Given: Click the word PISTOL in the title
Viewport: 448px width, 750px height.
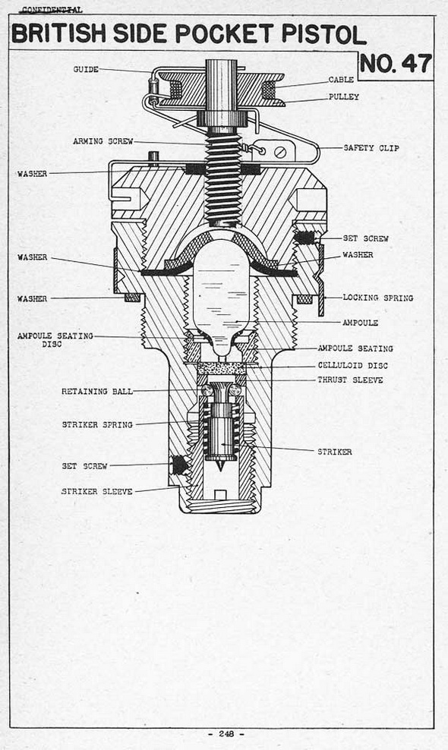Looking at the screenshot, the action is [323, 34].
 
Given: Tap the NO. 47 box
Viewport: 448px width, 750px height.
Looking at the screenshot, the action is [396, 65].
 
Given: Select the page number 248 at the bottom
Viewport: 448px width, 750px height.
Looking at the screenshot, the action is [226, 734].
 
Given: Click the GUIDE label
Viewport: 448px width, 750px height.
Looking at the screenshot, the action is [86, 69].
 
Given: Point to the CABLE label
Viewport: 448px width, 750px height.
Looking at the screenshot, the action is [341, 80].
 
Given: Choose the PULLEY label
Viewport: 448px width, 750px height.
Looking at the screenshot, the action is [344, 96].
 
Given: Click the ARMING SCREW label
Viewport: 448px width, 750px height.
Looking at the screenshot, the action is [103, 141].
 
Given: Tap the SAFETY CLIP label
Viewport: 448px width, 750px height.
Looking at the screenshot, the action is [371, 148].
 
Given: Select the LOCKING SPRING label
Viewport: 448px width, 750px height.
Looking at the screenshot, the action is [377, 298].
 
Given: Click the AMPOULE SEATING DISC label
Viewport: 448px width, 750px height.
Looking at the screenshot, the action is [55, 339].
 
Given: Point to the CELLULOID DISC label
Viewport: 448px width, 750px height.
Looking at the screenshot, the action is [353, 365].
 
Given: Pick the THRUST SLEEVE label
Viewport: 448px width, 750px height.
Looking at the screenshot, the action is [350, 380].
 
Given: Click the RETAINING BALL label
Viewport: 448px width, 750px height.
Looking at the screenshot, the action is [96, 391].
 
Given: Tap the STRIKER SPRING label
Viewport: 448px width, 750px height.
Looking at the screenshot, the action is [97, 424].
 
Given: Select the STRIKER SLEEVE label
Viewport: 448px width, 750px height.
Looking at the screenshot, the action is [96, 491].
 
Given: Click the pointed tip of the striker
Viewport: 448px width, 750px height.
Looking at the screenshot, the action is [219, 471].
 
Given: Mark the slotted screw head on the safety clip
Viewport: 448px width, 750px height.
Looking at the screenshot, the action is [280, 153].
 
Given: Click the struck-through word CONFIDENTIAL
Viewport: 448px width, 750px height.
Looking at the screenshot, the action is [52, 10].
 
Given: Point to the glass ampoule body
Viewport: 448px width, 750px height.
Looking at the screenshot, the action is [221, 297].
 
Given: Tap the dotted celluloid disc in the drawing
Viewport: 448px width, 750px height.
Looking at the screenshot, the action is [221, 368].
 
